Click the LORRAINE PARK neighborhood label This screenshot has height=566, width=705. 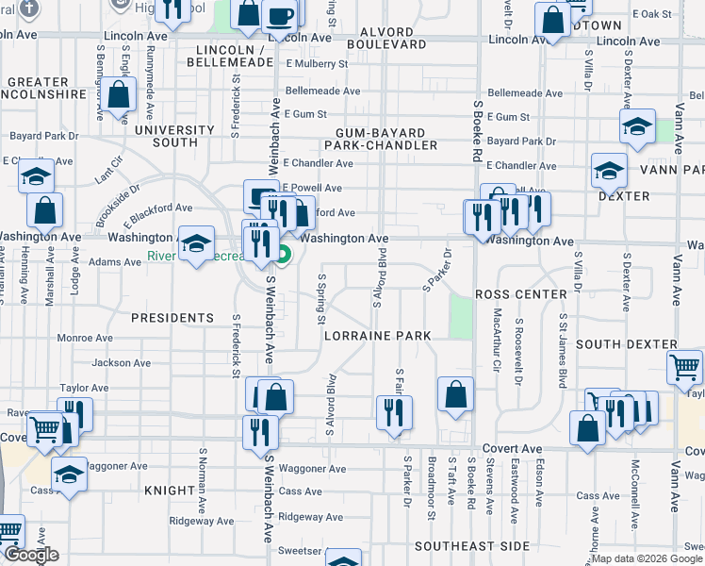[x=377, y=336]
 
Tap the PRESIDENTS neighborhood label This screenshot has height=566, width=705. [x=172, y=318]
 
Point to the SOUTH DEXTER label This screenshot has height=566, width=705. [x=626, y=345]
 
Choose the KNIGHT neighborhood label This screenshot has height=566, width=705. [x=169, y=491]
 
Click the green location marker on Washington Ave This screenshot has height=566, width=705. [x=284, y=253]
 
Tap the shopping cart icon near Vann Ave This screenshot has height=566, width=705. [x=686, y=367]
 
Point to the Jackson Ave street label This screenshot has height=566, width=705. [x=122, y=362]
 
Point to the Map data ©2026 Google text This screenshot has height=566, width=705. [x=647, y=558]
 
